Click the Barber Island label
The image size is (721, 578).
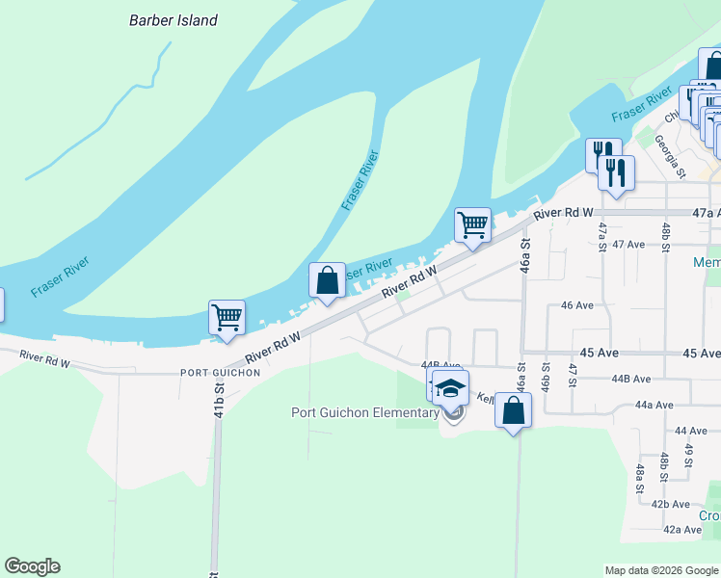coord(174,20)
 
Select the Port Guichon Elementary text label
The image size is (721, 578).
coord(365,413)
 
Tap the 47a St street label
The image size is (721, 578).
coord(602,237)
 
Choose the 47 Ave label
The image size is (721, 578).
coord(628,245)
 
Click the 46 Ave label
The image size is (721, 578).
coord(576,305)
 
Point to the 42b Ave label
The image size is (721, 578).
coord(670,504)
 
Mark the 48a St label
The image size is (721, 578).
coord(639,479)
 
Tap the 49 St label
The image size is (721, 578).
coord(688,450)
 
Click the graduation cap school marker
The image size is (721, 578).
coord(450,388)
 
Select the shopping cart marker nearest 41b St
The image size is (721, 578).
coord(227,316)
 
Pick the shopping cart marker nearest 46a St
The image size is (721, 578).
coord(472,224)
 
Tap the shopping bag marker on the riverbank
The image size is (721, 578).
coord(327,279)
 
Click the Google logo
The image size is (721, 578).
coord(32,566)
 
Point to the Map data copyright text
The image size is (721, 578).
coord(661,570)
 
